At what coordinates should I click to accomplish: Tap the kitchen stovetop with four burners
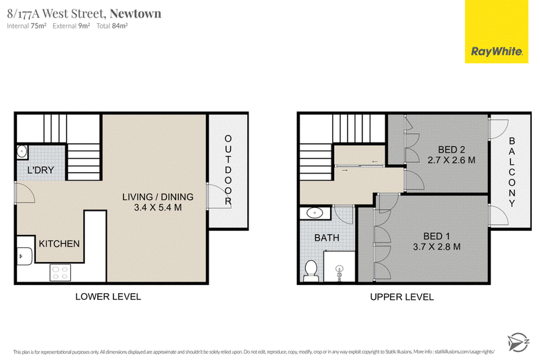60,272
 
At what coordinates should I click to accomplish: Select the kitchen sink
25,256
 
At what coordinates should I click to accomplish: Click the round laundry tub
22,151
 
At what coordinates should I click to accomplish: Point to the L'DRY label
40,170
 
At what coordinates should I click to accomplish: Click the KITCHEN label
59,244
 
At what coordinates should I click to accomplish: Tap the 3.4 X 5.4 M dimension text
158,207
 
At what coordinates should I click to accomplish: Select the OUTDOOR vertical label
228,170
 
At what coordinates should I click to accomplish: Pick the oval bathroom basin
315,213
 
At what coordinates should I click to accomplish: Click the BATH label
327,238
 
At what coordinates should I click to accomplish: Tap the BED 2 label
452,149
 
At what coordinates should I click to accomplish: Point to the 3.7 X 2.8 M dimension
437,247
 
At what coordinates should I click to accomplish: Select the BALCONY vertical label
512,172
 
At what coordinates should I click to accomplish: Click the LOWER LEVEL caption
108,297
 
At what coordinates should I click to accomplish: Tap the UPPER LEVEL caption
402,297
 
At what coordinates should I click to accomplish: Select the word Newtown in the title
136,14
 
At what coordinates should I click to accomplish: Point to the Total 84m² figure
112,26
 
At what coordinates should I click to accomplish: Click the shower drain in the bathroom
340,269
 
